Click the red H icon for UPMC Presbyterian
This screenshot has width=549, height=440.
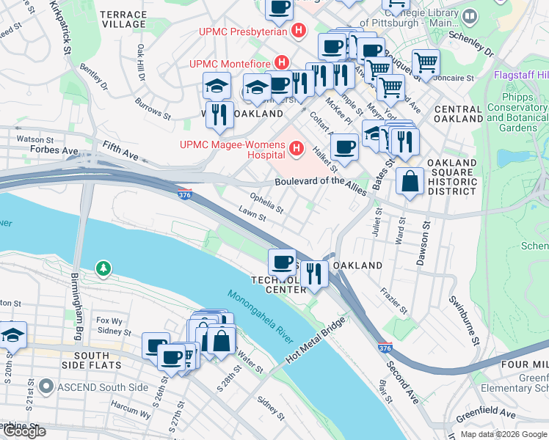(298, 31)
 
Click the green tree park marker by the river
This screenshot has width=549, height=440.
(103, 269)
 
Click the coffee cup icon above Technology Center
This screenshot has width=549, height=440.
(282, 262)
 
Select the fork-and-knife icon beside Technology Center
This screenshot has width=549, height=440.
(314, 274)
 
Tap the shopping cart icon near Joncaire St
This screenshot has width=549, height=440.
(426, 62)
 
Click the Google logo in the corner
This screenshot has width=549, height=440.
(24, 431)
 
